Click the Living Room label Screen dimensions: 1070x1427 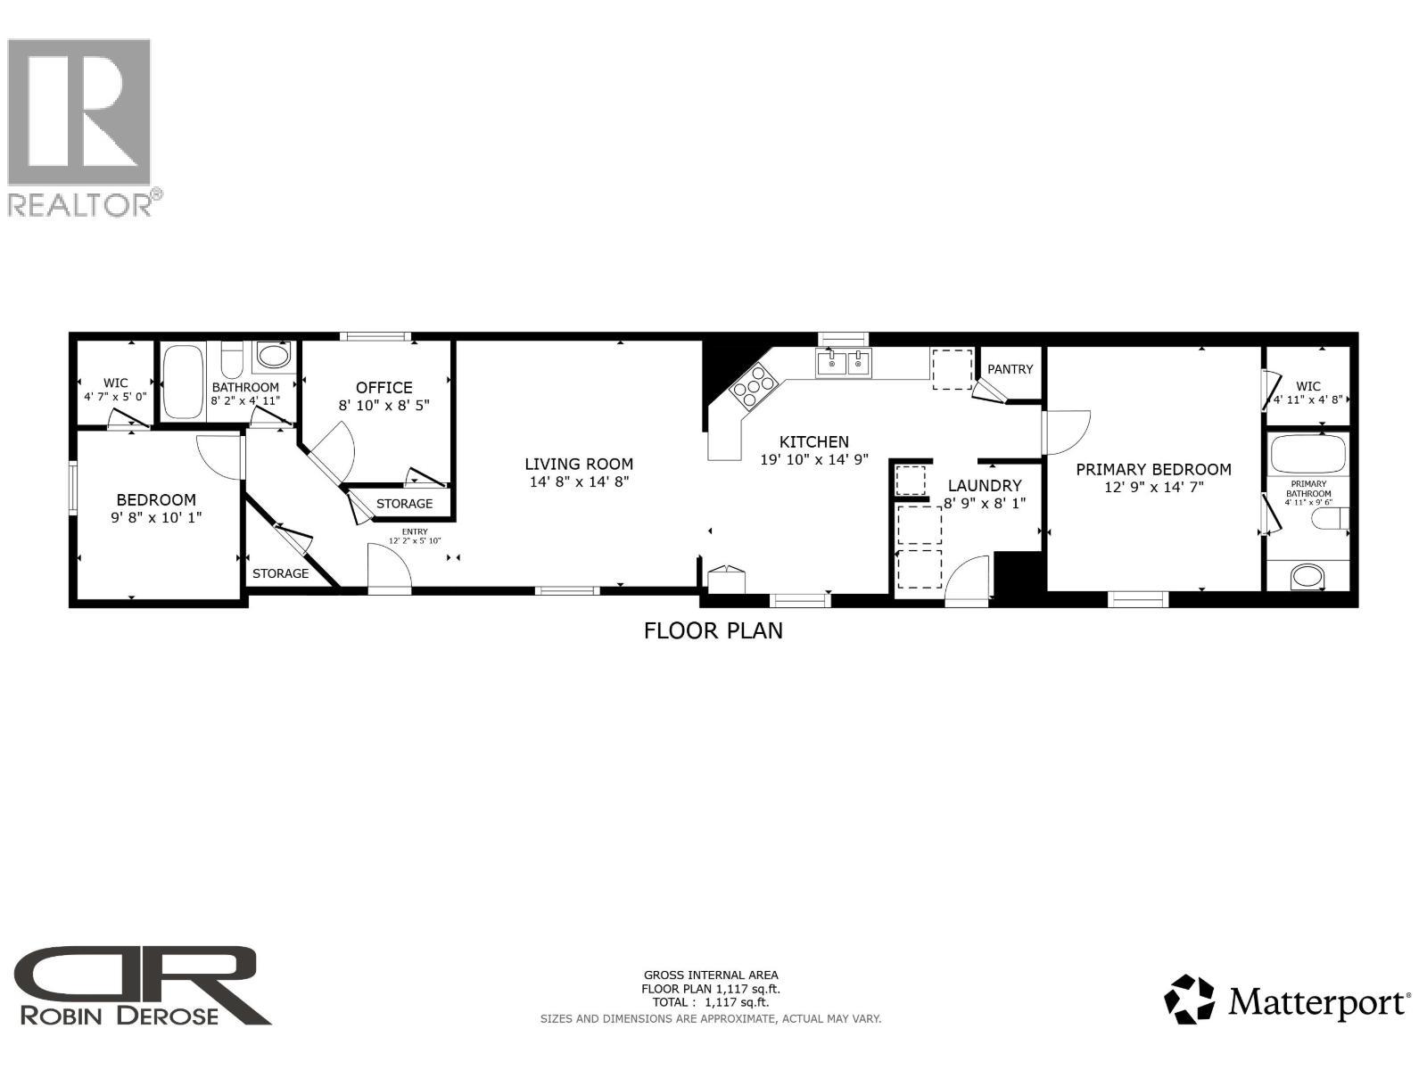[579, 464]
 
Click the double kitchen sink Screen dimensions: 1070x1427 [843, 363]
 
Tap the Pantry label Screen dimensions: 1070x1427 [1010, 369]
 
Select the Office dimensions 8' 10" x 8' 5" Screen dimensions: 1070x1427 [384, 405]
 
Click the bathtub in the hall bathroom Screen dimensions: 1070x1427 [183, 382]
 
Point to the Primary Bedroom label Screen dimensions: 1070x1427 [1153, 469]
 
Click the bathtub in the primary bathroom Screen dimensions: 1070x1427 [1307, 455]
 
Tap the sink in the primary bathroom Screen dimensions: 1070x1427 [1307, 576]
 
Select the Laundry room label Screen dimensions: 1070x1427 [984, 486]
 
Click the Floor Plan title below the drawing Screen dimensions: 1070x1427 [713, 631]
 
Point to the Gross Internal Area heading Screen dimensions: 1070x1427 [711, 975]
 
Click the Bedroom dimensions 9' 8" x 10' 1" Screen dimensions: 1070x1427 [156, 517]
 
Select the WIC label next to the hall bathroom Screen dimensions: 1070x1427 [115, 383]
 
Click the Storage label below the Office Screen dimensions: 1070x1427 [404, 504]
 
